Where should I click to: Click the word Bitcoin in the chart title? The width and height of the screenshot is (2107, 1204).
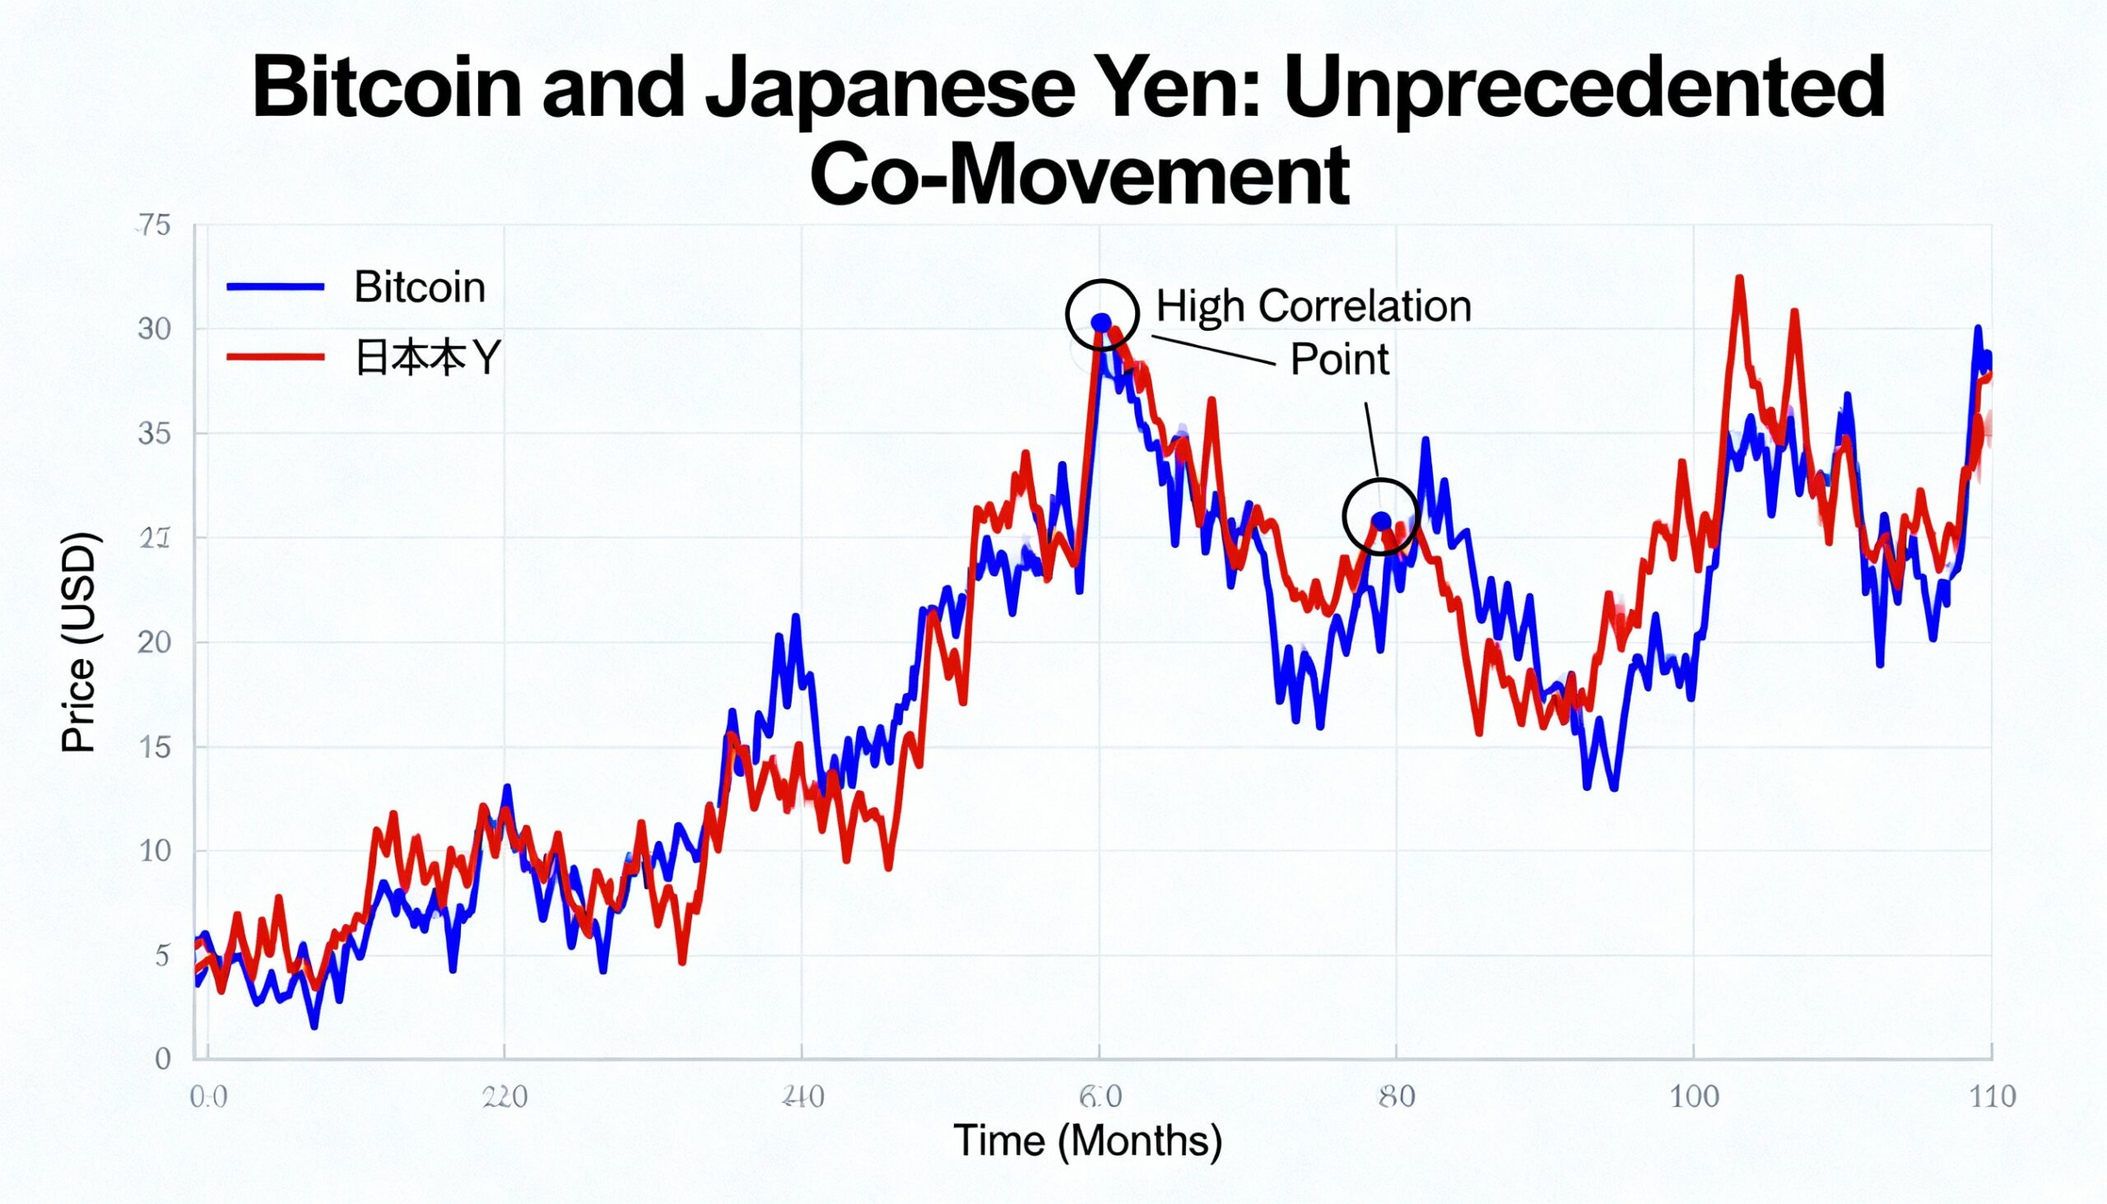click(386, 88)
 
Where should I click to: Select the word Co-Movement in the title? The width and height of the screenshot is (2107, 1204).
click(1079, 176)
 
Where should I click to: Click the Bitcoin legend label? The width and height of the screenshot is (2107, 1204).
click(419, 287)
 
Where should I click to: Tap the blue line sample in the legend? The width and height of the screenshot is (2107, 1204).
click(276, 287)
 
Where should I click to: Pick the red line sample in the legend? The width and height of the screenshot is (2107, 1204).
click(276, 357)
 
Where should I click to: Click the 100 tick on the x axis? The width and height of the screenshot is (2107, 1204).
click(1694, 1097)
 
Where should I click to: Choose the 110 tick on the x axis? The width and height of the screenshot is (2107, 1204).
click(1991, 1097)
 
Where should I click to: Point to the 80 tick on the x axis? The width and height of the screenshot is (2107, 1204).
click(1397, 1097)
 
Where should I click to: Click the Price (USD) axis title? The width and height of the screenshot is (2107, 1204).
click(79, 643)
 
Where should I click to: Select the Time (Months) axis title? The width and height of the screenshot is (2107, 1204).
click(1087, 1141)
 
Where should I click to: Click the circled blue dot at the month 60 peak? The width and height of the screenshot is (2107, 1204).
click(1101, 323)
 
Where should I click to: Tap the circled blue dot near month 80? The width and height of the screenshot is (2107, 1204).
click(1381, 521)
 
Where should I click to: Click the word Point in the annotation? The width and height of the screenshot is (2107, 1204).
click(1340, 360)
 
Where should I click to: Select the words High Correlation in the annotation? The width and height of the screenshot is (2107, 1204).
click(1313, 306)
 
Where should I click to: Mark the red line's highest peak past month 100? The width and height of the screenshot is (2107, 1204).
click(1740, 280)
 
